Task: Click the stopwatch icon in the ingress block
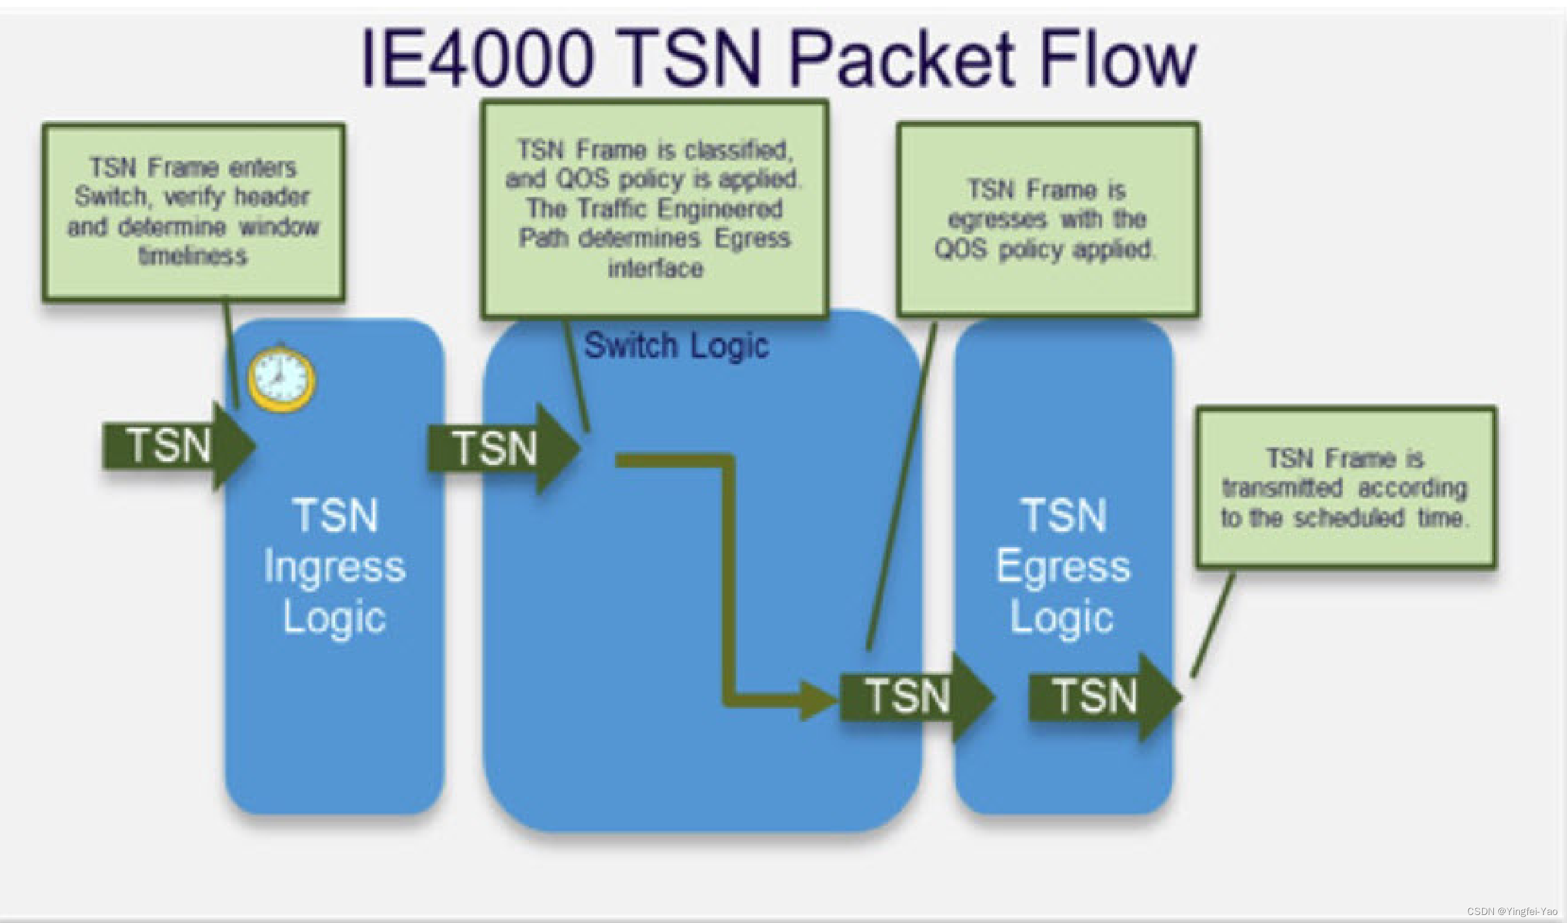281,378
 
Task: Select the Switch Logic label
676,345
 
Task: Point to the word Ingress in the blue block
335,567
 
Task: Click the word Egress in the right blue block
1063,567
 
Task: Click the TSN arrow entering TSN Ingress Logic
178,445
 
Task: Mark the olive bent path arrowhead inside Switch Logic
818,700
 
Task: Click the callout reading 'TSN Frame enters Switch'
193,212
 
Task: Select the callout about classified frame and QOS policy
655,209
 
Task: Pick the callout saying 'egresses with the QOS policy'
1048,219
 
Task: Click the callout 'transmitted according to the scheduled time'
1346,487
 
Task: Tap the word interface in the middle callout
655,269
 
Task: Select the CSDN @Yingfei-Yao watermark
1512,911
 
